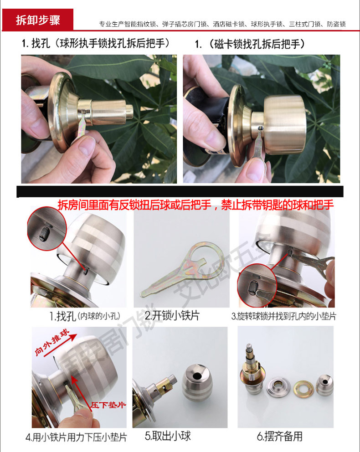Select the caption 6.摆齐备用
(x=280, y=437)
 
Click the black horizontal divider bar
(x=180, y=191)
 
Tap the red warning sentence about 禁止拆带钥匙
(x=195, y=205)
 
